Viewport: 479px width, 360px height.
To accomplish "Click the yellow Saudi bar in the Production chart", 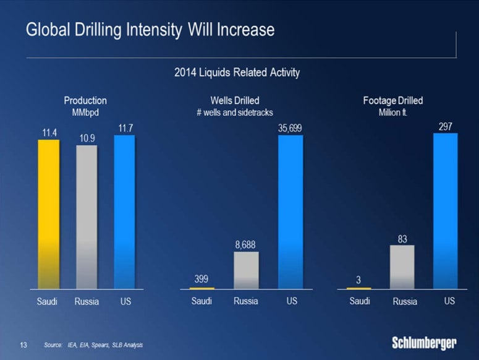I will (49, 214).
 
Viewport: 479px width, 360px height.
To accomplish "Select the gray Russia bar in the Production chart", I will (87, 216).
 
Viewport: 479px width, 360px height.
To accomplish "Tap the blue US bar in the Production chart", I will (124, 212).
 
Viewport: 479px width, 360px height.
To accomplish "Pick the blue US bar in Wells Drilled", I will (290, 212).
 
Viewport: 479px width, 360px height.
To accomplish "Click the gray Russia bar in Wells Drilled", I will (246, 270).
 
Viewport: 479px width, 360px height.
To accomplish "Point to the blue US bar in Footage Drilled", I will (446, 210).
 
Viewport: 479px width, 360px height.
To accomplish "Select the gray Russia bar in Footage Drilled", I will (402, 267).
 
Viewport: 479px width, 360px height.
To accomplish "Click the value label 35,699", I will (290, 128).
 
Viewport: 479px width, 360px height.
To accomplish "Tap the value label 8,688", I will (246, 245).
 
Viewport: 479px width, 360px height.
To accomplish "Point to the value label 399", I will (201, 279).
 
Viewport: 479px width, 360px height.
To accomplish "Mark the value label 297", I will (446, 126).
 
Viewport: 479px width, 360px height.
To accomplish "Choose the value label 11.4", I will (49, 132).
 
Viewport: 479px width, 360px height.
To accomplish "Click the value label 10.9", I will (87, 139).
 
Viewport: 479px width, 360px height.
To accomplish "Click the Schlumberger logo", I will (425, 342).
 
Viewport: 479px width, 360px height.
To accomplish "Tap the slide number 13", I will (24, 343).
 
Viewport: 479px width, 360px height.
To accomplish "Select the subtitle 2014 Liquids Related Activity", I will (238, 73).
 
